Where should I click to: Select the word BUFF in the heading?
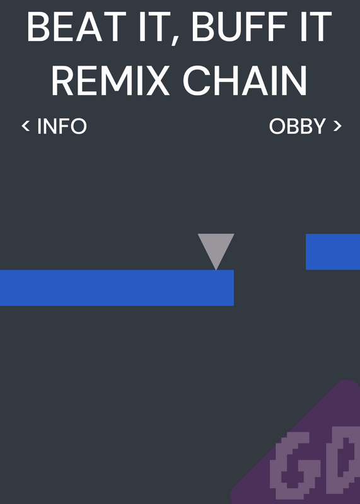(240, 27)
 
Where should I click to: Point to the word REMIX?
(110, 81)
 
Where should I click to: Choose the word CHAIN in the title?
(245, 81)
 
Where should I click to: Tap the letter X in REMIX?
(156, 81)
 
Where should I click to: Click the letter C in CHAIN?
(196, 81)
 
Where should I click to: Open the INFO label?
(62, 126)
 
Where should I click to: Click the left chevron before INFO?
(26, 125)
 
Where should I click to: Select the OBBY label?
(298, 126)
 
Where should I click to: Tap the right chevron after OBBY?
(337, 125)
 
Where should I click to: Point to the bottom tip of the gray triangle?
(216, 270)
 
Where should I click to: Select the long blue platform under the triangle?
(117, 288)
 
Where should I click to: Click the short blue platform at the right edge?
(333, 251)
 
